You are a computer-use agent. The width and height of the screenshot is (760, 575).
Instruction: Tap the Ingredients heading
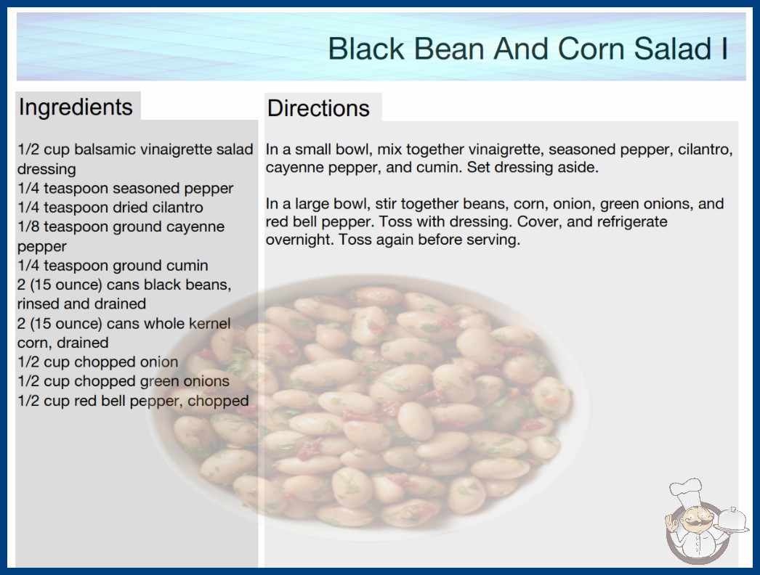76,107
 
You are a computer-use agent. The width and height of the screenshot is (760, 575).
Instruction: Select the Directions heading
318,108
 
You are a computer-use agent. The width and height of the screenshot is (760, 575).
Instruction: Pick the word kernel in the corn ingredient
209,323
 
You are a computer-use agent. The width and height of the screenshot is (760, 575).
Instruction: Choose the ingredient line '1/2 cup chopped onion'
98,362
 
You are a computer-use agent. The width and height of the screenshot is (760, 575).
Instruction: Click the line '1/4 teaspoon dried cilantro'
110,208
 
